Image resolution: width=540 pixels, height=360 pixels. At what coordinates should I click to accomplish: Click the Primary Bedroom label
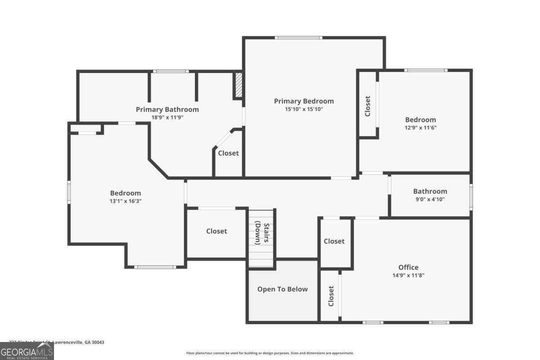[x=304, y=101]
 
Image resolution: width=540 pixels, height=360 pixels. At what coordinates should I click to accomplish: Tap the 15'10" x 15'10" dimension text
[x=304, y=109]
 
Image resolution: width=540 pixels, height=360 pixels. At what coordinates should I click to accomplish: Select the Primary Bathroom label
[x=167, y=109]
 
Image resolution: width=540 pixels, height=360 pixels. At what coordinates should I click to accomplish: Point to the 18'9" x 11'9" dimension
[x=167, y=117]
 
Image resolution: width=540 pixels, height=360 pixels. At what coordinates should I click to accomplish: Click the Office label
[x=408, y=267]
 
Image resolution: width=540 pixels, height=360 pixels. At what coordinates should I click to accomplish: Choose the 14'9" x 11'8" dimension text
[x=408, y=275]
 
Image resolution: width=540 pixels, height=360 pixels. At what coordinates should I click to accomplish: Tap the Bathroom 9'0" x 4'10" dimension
[x=430, y=199]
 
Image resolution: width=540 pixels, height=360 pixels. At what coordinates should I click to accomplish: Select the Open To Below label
[x=282, y=289]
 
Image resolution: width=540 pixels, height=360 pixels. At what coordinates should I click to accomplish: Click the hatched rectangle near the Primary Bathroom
[x=238, y=85]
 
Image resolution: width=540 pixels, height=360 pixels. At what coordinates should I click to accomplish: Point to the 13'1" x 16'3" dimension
[x=125, y=202]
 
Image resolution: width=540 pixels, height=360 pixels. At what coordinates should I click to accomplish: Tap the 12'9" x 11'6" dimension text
[x=420, y=128]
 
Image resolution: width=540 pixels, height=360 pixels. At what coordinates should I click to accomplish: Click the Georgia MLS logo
[x=27, y=351]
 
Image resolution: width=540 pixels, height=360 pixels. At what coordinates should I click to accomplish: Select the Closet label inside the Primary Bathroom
[x=228, y=153]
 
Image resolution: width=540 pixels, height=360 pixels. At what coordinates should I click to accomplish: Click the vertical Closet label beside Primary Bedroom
[x=368, y=106]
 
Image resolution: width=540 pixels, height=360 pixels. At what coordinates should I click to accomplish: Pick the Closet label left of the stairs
[x=216, y=231]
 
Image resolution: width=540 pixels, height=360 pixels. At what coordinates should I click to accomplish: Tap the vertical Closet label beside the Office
[x=331, y=296]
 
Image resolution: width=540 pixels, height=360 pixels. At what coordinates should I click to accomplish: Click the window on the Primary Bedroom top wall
[x=299, y=38]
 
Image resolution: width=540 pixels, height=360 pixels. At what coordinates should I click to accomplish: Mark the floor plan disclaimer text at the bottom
[x=270, y=353]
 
